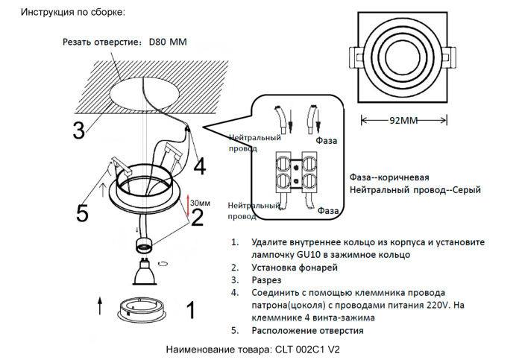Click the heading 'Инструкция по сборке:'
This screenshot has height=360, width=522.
72,13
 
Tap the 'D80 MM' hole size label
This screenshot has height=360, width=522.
168,42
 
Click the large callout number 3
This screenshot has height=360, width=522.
78,130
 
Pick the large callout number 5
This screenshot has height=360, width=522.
83,213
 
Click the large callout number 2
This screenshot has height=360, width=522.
197,217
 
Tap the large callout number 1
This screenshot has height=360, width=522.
190,309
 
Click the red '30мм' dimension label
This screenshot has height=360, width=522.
200,203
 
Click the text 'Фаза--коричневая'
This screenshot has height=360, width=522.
389,177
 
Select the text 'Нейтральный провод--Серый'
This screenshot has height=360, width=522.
415,190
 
